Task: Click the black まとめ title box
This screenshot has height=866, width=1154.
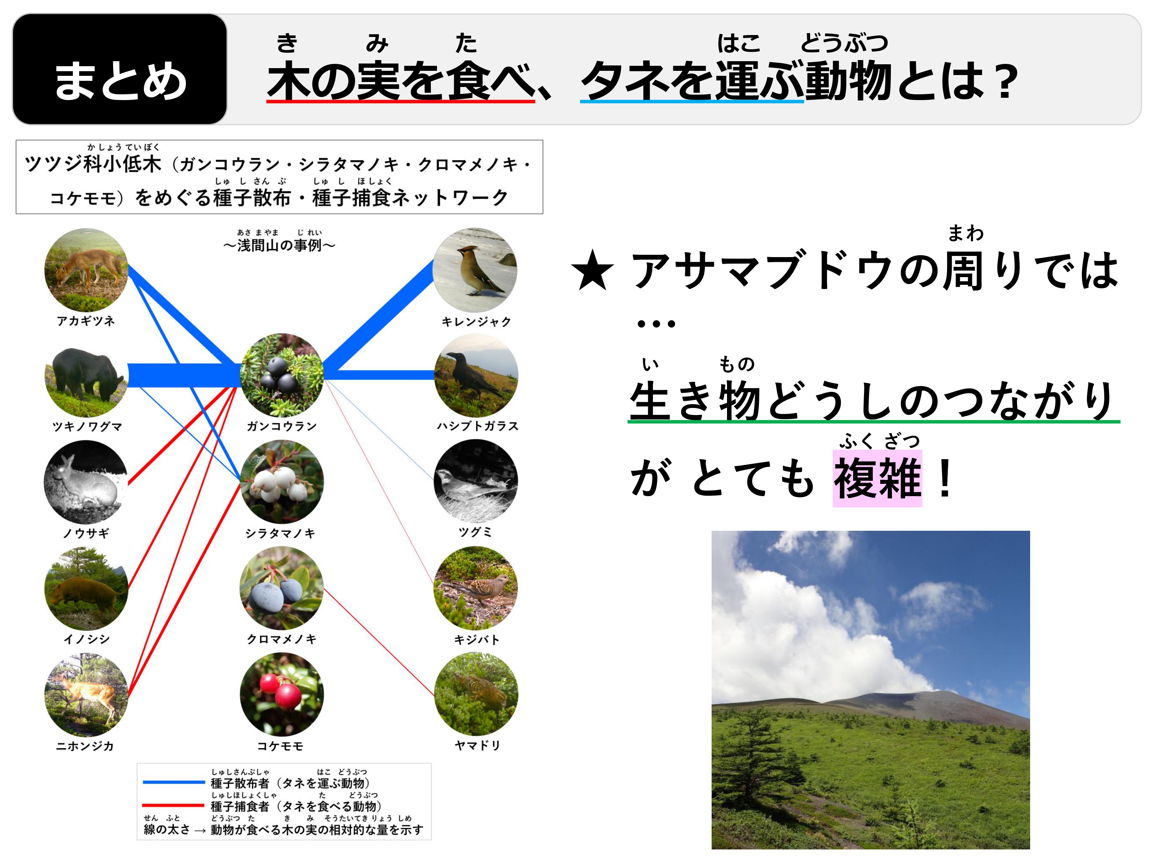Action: [120, 69]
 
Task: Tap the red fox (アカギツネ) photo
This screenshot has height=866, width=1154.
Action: [86, 270]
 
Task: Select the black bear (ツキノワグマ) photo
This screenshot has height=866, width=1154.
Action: [86, 375]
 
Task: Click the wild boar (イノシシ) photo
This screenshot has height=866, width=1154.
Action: [86, 588]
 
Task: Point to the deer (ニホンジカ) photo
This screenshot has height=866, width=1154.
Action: [86, 695]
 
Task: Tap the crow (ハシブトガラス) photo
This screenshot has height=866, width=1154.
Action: [476, 375]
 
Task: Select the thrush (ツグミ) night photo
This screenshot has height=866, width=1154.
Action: [476, 481]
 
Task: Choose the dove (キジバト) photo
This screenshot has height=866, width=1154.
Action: [476, 588]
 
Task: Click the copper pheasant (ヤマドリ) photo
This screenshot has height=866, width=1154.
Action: [476, 694]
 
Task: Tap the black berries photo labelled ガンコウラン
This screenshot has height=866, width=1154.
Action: [282, 375]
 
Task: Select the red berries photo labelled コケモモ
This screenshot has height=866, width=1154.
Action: [282, 695]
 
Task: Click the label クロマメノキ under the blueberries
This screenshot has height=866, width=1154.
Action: [282, 639]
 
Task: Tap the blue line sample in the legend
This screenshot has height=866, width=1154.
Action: [174, 782]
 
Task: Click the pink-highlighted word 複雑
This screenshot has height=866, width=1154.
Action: [877, 478]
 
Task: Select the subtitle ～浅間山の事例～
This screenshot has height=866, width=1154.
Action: [279, 245]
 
